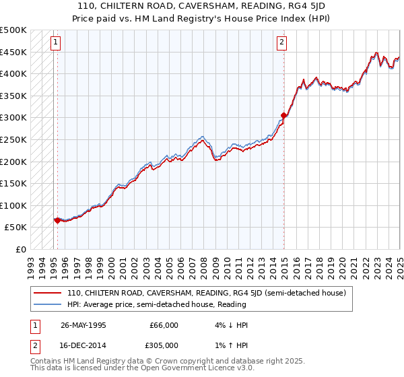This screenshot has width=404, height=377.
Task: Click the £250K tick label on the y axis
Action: click(13, 139)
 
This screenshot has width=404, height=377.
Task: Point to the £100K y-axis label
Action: click(13, 205)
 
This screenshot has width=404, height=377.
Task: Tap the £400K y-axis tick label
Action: click(13, 73)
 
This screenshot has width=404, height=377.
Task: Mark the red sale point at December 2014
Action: click(284, 116)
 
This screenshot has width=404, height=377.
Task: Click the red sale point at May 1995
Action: click(57, 220)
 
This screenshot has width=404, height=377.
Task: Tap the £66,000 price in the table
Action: click(164, 324)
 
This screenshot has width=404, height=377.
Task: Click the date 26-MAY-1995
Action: click(83, 324)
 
